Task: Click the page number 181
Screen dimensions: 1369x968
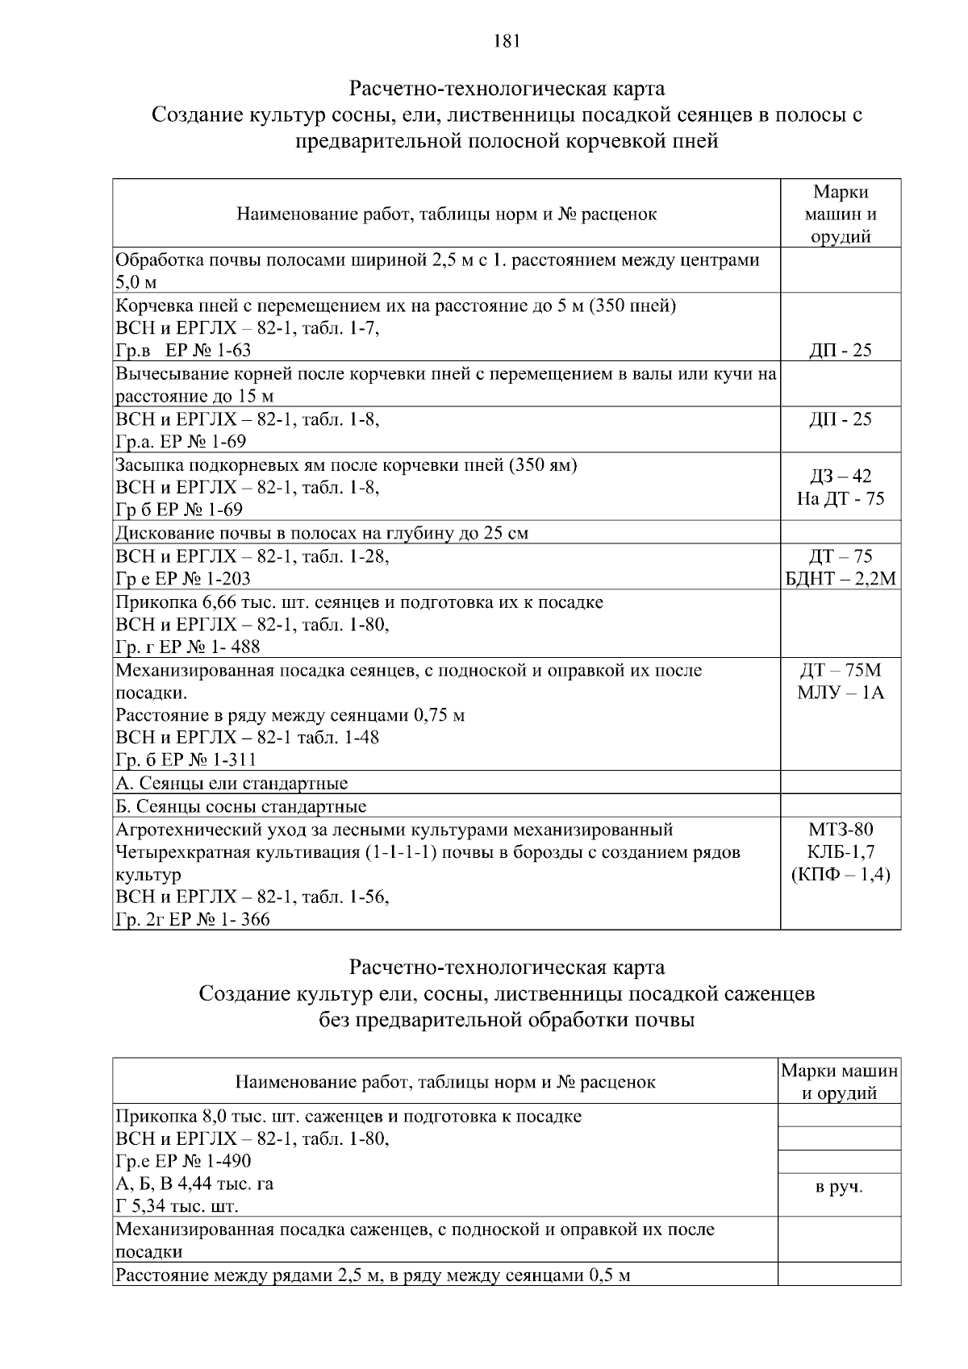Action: tap(507, 41)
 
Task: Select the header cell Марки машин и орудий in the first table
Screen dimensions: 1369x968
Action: tap(840, 214)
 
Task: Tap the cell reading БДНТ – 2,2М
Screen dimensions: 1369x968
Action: tap(840, 579)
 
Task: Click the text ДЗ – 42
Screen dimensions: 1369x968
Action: tap(840, 476)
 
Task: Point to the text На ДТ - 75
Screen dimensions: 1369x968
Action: tap(840, 498)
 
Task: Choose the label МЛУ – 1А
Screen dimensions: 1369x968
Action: tap(840, 693)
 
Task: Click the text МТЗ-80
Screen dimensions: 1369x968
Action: tap(840, 830)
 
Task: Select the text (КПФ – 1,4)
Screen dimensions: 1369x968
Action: tap(840, 875)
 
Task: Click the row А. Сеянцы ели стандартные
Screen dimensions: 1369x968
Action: tap(232, 783)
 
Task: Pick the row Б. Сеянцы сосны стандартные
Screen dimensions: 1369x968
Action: tap(241, 806)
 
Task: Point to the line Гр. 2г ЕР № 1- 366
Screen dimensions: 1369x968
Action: tap(193, 920)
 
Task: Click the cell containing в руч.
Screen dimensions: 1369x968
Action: tap(840, 1187)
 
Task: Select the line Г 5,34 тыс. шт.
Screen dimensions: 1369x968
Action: tap(177, 1207)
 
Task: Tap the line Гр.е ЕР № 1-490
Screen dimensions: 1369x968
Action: tap(184, 1161)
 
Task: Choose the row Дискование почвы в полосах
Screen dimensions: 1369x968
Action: tap(322, 533)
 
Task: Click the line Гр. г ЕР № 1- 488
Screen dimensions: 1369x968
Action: tap(188, 647)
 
